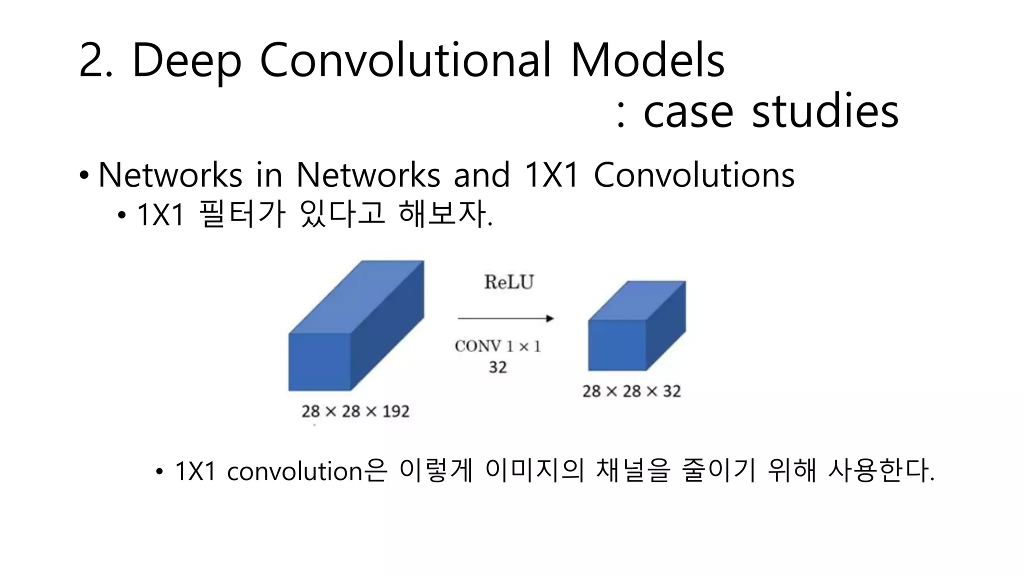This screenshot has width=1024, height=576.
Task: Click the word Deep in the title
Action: pos(186,61)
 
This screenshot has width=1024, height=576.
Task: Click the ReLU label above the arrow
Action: pos(508,282)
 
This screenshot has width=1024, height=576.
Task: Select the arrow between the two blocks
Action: pos(505,318)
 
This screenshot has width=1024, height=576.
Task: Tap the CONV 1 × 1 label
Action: pos(498,346)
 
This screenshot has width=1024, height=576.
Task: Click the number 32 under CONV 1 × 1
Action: pos(497,367)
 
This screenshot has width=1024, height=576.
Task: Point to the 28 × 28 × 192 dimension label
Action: pos(355,411)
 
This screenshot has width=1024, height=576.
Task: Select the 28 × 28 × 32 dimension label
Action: pos(631,391)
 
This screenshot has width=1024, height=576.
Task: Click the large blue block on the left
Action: pos(350,330)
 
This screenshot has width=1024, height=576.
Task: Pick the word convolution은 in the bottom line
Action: pos(306,471)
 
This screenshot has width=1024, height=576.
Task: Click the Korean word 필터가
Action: pos(242,214)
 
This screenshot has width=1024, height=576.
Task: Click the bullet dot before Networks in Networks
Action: pos(84,176)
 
